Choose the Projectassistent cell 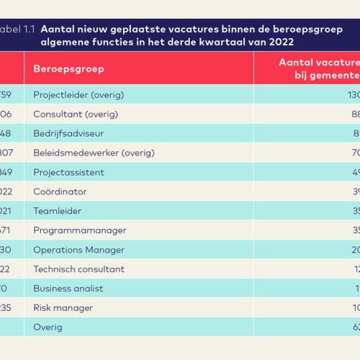click(x=68, y=172)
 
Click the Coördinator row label click(x=60, y=192)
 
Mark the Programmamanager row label click(x=79, y=230)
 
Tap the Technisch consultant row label click(x=78, y=269)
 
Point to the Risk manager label click(x=63, y=307)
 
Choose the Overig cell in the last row click(x=48, y=327)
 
